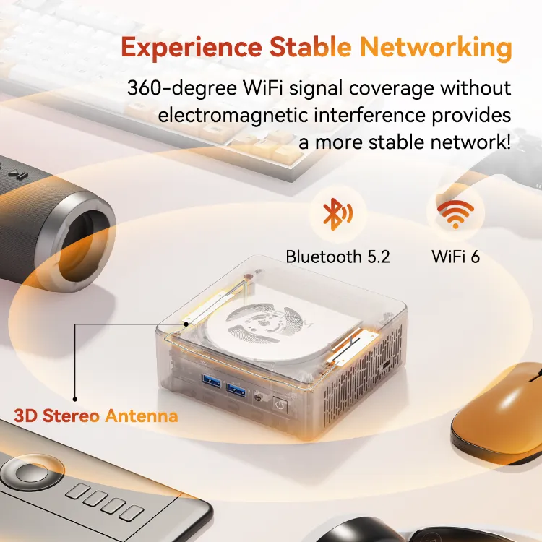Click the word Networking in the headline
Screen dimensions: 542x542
(436, 48)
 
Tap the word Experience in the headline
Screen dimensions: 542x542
(192, 48)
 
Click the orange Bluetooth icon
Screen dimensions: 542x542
(337, 213)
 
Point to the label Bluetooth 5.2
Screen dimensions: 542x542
(337, 257)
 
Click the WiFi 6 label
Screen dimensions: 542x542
(455, 257)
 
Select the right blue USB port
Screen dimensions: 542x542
(236, 391)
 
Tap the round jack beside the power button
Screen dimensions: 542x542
(259, 397)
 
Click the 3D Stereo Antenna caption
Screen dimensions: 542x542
(95, 416)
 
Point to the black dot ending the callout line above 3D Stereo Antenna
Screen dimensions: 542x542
(74, 397)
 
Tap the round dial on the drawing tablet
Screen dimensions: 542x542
(28, 473)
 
